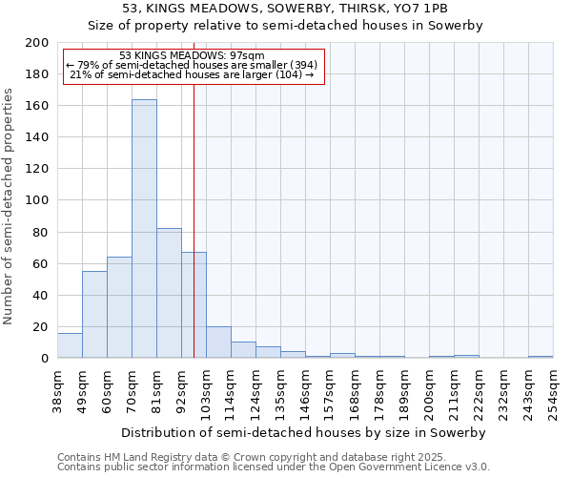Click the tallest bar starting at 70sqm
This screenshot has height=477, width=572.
point(144,229)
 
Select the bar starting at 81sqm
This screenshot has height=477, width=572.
point(169,293)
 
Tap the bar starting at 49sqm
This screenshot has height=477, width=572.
point(94,315)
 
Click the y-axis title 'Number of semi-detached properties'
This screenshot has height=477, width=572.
point(10,206)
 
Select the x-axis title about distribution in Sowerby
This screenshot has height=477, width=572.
point(303,432)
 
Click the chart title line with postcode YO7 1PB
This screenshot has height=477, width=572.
point(285,9)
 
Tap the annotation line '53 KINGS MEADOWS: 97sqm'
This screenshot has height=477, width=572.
point(194,56)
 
